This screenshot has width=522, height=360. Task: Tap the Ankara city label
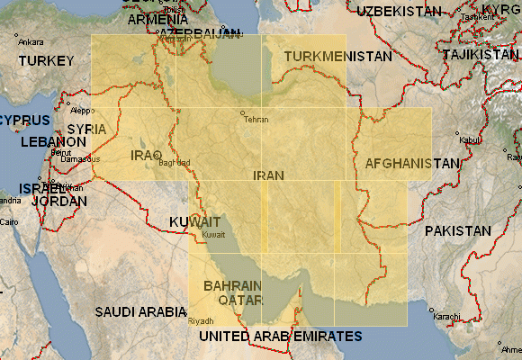[x=31, y=42]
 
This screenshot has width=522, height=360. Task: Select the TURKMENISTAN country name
[x=339, y=57]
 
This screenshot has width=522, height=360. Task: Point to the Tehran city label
[x=256, y=119]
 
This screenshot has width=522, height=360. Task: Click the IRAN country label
[x=268, y=176]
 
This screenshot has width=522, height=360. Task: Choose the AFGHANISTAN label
[x=412, y=164]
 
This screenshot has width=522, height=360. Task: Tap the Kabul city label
[x=470, y=140]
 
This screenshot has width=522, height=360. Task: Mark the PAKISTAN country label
[x=458, y=231]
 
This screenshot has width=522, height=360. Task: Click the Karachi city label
[x=445, y=317]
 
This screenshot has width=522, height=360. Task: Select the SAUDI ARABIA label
[x=140, y=311]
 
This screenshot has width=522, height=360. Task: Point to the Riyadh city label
[x=202, y=321]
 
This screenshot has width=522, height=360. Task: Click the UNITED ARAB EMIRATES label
[x=280, y=336]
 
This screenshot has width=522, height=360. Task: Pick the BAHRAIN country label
[x=233, y=285]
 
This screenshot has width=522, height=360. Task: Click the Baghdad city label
[x=174, y=163]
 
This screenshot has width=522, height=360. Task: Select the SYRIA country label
[x=86, y=130]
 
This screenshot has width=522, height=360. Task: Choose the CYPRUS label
[x=24, y=120]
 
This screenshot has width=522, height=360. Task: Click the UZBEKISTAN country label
[x=400, y=11]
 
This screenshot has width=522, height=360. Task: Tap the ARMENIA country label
[x=158, y=19]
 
